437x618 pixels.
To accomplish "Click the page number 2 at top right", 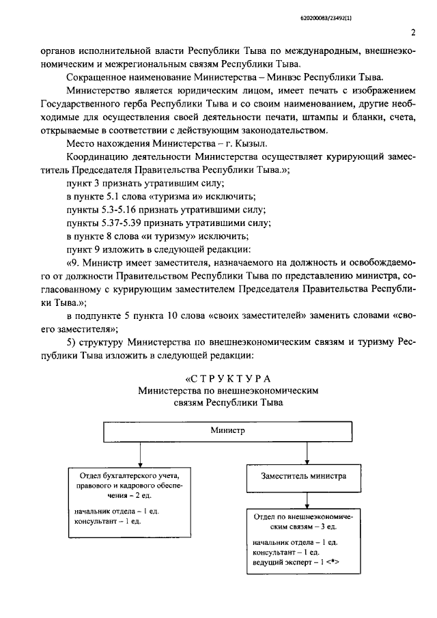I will [x=414, y=32].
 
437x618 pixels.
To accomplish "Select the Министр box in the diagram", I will [x=223, y=432].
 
